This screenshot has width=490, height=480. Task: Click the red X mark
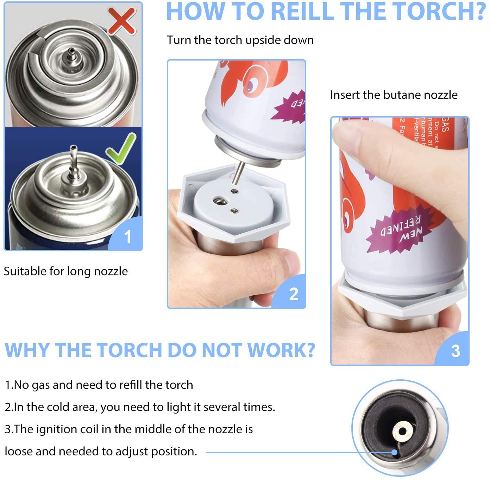pos(121,21)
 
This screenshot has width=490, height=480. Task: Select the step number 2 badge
pos(293,294)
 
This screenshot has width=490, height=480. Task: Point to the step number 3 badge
pos(455,350)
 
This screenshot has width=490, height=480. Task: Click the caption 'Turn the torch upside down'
pos(240,40)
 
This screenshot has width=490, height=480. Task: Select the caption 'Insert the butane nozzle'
pos(394,95)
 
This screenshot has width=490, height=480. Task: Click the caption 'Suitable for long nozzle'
pos(66,271)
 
